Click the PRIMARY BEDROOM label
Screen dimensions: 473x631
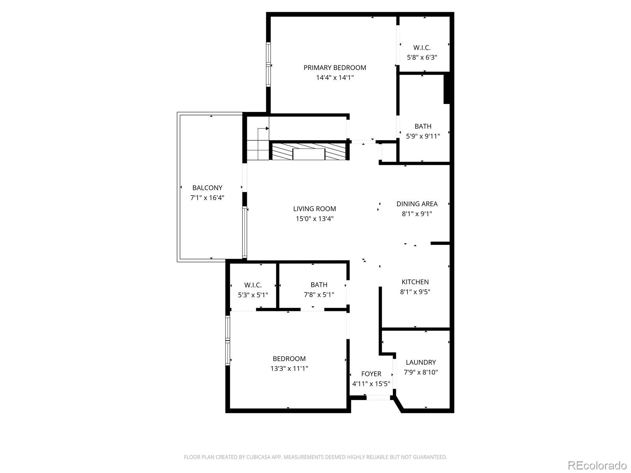click(334, 68)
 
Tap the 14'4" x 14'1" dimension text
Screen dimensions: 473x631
click(334, 78)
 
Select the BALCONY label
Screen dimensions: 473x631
click(207, 188)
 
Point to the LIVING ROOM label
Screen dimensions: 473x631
click(314, 209)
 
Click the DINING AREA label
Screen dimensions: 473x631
click(417, 204)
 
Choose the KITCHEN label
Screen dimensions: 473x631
click(415, 282)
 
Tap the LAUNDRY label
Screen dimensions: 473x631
click(421, 362)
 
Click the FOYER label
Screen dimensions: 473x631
click(371, 374)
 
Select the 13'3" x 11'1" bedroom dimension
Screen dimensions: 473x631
click(289, 369)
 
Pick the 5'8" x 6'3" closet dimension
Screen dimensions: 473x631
click(422, 58)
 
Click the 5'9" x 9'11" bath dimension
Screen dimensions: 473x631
click(423, 136)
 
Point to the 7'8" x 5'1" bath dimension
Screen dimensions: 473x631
click(319, 295)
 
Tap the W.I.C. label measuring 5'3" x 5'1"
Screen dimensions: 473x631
click(253, 285)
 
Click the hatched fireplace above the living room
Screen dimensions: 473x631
click(308, 151)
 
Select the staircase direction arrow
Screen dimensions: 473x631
click(266, 128)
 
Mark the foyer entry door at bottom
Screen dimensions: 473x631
click(378, 398)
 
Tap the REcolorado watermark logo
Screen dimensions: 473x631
click(597, 465)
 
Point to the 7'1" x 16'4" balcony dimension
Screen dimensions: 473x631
click(207, 198)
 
